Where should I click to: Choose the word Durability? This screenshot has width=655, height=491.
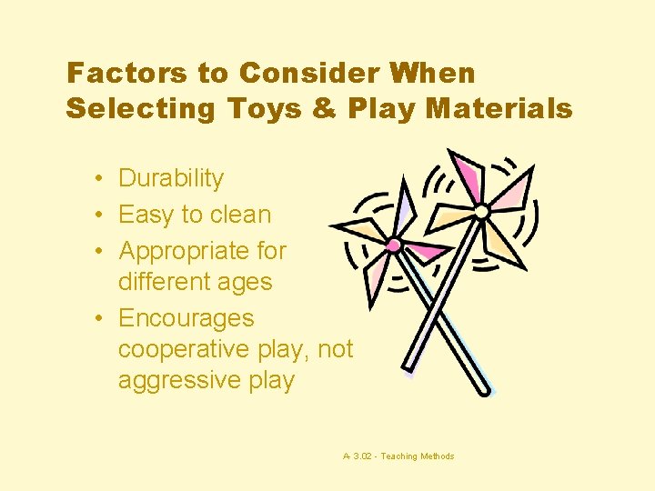click(x=171, y=179)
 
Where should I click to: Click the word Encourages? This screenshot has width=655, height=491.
click(x=186, y=318)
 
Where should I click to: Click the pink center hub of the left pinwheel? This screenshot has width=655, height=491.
click(x=393, y=245)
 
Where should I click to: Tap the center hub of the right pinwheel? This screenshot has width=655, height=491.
click(x=481, y=211)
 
